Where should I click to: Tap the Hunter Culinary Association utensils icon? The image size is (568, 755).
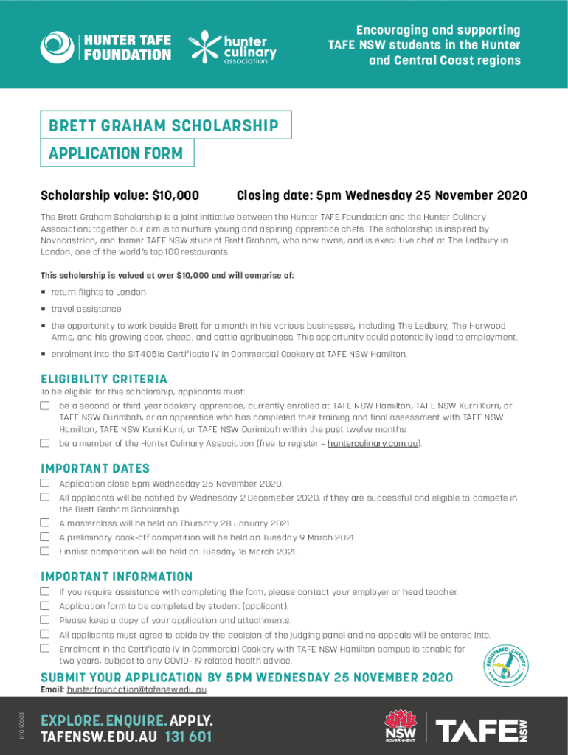coord(204,46)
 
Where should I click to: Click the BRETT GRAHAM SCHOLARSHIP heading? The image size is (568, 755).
coord(164,125)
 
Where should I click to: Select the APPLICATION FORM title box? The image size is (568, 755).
coord(115,154)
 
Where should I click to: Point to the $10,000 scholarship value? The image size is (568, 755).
coord(175,195)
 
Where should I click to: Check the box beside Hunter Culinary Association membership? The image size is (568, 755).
coord(45,443)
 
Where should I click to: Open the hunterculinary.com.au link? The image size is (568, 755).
coord(372,444)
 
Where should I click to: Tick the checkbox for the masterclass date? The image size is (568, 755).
coord(45,523)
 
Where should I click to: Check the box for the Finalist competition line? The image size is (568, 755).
coord(45,551)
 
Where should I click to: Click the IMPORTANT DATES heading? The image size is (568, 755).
coord(95,469)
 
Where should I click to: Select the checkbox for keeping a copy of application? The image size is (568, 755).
coord(45,619)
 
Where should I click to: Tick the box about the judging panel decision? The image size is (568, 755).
coord(45,634)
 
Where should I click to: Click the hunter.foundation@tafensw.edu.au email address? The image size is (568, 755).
coord(136,690)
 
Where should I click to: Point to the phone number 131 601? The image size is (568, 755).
coord(188,736)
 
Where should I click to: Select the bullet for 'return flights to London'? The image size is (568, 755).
coord(44,293)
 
